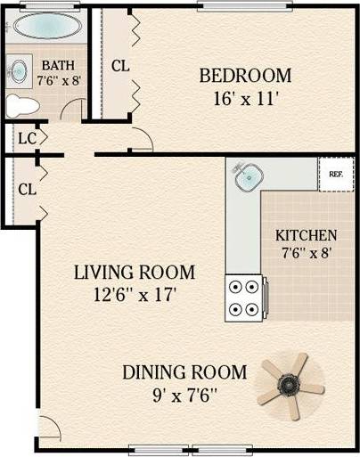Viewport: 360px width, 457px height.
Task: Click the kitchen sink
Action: pyautogui.click(x=246, y=177)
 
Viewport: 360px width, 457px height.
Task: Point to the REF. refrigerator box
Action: pyautogui.click(x=336, y=175)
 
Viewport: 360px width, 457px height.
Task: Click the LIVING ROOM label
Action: pyautogui.click(x=135, y=273)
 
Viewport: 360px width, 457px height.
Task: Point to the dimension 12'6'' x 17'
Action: pyautogui.click(x=135, y=295)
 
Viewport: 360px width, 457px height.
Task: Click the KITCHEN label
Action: pyautogui.click(x=306, y=236)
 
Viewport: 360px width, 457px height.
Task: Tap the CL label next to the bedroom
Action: pyautogui.click(x=121, y=66)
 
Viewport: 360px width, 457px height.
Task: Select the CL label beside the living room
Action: pyautogui.click(x=27, y=189)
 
